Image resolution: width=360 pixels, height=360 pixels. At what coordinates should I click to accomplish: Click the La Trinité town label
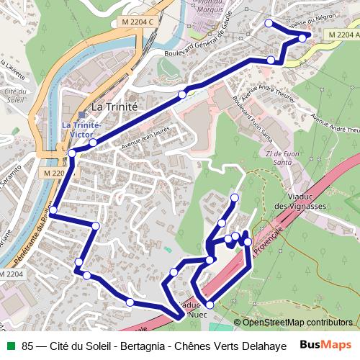[x=114, y=106]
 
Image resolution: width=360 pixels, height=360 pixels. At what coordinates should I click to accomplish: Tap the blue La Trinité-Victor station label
[x=81, y=129]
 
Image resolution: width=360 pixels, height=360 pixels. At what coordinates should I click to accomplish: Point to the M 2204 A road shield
[x=342, y=35]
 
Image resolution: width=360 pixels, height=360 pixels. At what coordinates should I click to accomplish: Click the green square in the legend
[x=11, y=345]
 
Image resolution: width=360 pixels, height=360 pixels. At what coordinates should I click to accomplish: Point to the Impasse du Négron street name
[x=288, y=25]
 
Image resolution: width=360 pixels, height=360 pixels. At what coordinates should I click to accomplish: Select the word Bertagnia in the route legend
[x=142, y=345]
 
